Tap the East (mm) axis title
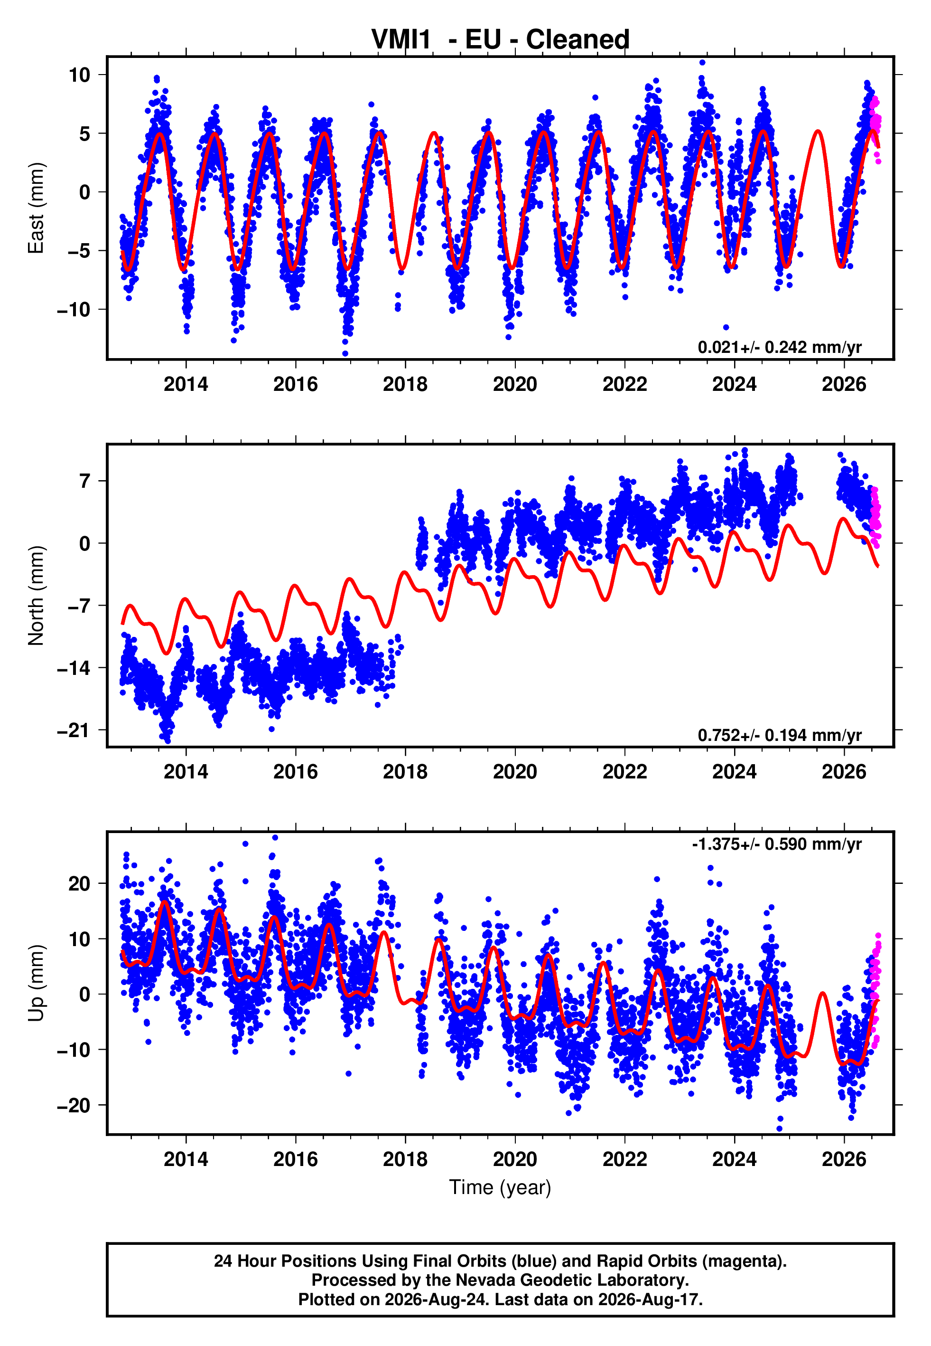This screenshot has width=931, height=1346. (x=36, y=208)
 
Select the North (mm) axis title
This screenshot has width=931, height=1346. (x=36, y=596)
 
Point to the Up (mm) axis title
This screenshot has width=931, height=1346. (x=36, y=983)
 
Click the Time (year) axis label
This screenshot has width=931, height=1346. (x=500, y=1188)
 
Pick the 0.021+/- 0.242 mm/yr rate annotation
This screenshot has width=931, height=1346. (x=779, y=347)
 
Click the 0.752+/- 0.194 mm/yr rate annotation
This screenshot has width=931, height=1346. (x=779, y=735)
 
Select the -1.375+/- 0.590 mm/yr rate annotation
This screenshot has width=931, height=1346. (x=776, y=844)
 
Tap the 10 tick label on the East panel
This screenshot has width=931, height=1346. (x=79, y=75)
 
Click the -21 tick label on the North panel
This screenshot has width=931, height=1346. (x=74, y=730)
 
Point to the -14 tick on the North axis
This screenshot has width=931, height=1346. (x=74, y=668)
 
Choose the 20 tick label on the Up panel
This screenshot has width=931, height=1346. (x=79, y=884)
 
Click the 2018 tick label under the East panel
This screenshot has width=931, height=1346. (x=405, y=384)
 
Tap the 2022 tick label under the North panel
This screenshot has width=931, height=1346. (x=625, y=772)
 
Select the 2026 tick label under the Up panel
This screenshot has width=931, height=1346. (x=844, y=1159)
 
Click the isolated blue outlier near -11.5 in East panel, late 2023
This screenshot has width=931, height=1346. (x=726, y=327)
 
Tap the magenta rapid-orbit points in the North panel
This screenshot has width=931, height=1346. (x=875, y=517)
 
